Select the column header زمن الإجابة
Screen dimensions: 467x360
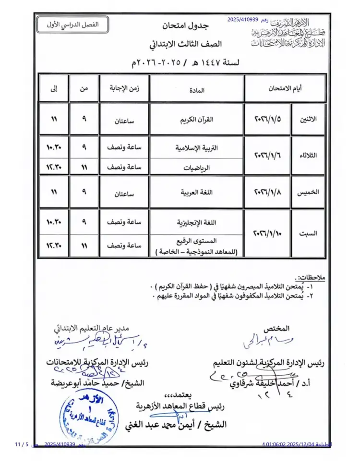(x=124, y=88)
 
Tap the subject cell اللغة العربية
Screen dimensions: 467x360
(x=197, y=192)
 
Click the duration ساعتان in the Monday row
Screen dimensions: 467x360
(x=124, y=122)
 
